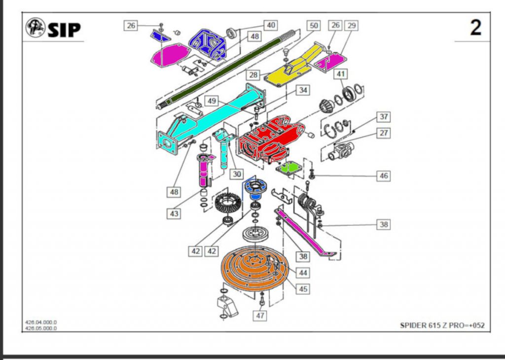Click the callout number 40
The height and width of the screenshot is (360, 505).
[x=271, y=25]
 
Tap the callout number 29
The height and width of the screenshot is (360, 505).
[x=351, y=25]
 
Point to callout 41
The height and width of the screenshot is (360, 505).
[x=341, y=74]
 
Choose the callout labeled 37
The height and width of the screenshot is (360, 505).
[x=383, y=117]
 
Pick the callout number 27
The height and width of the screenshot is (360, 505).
[x=383, y=133]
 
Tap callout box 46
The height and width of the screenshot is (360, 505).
[x=383, y=176]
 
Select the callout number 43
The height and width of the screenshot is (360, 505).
[x=173, y=214]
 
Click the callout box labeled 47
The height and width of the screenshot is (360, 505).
[x=260, y=314]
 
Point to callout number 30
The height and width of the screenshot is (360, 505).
[x=238, y=174]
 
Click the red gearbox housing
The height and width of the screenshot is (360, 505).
[x=266, y=138]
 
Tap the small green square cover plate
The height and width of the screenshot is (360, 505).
[x=290, y=168]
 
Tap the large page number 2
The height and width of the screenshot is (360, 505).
[x=475, y=28]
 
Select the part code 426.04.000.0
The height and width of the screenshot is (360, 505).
[x=40, y=323]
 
